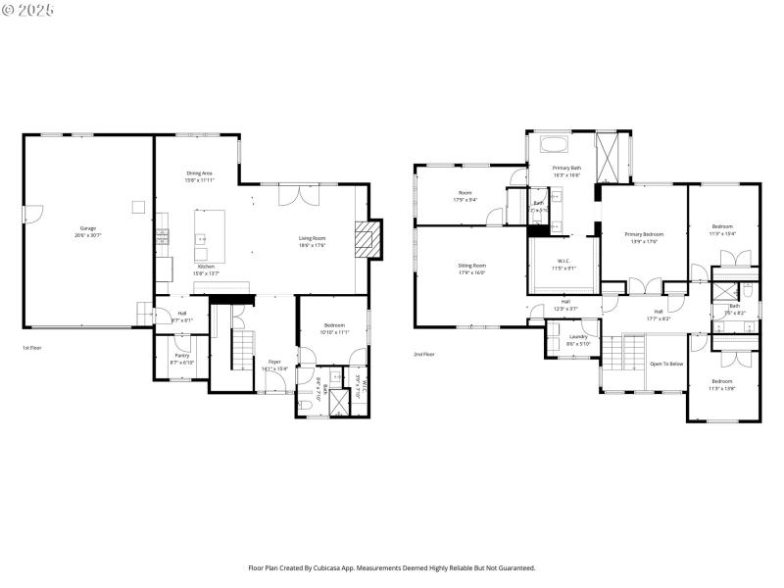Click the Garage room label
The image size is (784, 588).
point(89,232)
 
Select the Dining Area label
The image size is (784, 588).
point(199,176)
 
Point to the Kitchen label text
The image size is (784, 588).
point(206,269)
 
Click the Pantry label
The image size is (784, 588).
point(182,359)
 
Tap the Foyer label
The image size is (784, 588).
point(275,365)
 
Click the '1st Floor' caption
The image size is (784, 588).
point(32,347)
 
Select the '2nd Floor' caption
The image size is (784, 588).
point(424,354)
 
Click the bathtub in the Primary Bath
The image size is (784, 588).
point(554,145)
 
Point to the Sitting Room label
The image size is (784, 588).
point(472,269)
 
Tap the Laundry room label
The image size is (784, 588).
point(578,339)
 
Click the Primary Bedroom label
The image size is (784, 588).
point(644,237)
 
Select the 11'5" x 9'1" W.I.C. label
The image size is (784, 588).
point(563,264)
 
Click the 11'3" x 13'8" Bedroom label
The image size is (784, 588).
point(722,384)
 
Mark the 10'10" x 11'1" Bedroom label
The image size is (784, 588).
point(335,328)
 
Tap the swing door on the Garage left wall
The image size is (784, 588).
point(28,213)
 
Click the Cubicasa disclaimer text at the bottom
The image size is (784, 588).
point(392,566)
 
